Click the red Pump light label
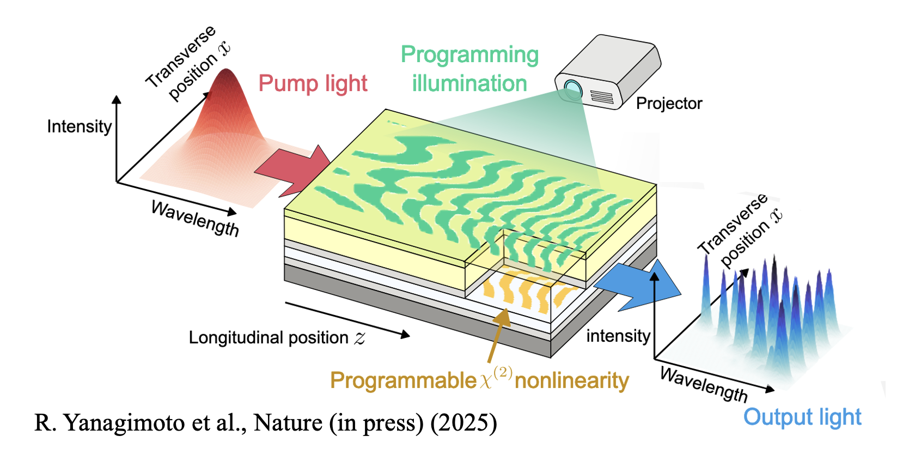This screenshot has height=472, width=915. click(x=313, y=83)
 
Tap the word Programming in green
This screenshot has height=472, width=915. click(x=469, y=55)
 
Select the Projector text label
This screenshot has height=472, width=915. click(x=669, y=103)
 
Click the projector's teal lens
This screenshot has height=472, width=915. click(x=572, y=87)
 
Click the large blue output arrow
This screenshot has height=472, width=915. click(x=640, y=287)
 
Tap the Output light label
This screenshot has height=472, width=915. click(x=802, y=417)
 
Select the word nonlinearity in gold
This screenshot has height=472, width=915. click(x=571, y=380)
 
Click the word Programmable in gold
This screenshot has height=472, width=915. click(x=403, y=380)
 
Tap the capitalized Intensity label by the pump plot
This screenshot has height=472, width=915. click(x=80, y=126)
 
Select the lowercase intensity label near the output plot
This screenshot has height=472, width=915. click(x=618, y=336)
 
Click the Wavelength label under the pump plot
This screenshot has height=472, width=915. click(x=194, y=218)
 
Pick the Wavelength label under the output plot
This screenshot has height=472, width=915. click(x=703, y=384)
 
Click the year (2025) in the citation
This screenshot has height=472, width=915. click(x=463, y=423)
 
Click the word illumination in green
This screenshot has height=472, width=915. click(x=469, y=83)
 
